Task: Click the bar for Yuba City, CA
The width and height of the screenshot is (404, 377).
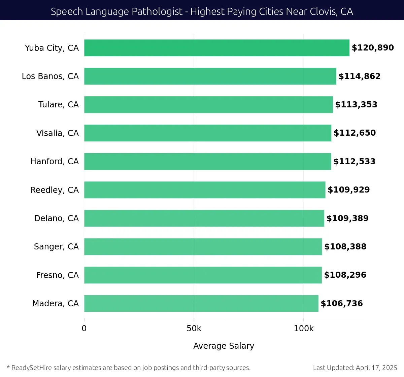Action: [216, 48]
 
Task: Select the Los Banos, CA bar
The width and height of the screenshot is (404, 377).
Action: [210, 76]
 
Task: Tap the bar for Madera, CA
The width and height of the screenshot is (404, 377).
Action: [201, 303]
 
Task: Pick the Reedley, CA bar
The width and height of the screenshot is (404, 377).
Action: [205, 190]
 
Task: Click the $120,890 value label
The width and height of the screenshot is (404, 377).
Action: [373, 48]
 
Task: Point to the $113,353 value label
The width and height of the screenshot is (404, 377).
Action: [356, 105]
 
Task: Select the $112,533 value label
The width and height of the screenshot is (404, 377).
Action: [354, 162]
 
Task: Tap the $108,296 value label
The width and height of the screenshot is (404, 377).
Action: [345, 275]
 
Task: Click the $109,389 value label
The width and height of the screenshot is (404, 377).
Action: [347, 218]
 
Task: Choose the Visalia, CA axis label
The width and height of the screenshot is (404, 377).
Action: [58, 133]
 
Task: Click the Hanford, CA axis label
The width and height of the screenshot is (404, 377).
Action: [55, 162]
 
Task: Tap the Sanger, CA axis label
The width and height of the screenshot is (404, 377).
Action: [56, 247]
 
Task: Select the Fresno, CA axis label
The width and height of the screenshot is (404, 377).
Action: [57, 275]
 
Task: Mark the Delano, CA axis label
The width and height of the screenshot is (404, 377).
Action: [56, 218]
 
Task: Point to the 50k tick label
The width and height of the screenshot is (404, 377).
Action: [194, 329]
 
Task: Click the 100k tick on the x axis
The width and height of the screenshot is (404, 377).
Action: [304, 329]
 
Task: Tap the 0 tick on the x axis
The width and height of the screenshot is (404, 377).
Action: [84, 329]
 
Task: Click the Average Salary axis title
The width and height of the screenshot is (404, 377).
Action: [224, 346]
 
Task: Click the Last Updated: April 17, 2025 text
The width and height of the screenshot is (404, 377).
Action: [355, 368]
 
